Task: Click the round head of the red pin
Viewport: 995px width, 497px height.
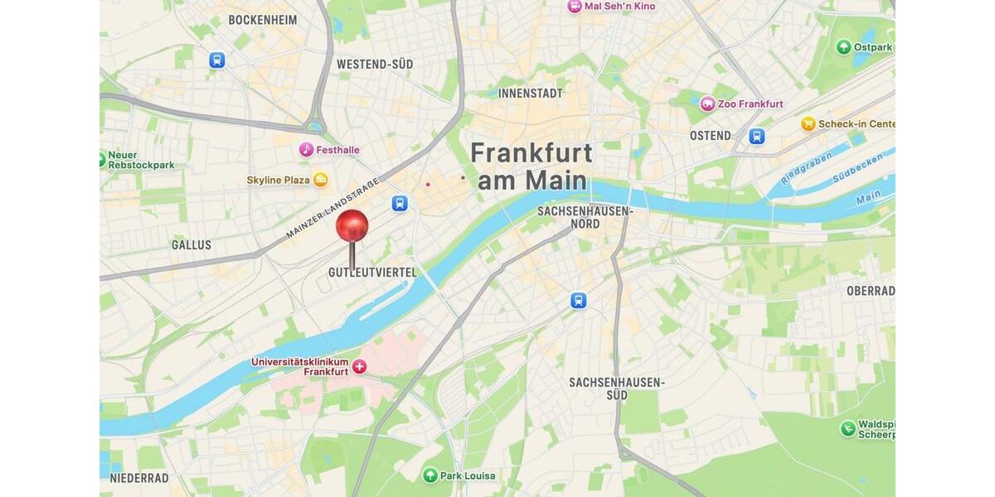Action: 352,225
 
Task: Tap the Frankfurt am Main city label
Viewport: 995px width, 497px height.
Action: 531,166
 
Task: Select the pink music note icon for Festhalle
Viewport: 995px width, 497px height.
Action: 307,150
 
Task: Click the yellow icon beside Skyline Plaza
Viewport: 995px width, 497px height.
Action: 320,180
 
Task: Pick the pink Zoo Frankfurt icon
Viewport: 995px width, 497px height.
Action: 707,104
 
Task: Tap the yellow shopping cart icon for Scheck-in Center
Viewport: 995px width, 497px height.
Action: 808,124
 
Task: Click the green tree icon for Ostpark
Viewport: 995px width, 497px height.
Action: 844,47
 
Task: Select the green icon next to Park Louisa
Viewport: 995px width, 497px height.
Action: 430,475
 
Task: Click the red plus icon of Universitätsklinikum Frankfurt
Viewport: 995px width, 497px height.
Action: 359,366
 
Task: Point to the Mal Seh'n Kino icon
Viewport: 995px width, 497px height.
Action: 575,6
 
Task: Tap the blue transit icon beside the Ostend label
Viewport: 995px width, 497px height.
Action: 756,137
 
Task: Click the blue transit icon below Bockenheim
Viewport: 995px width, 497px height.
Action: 217,60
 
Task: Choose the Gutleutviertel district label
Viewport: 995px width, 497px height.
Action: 372,273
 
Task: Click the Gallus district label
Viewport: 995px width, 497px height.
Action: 192,245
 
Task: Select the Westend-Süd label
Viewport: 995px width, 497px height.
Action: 375,64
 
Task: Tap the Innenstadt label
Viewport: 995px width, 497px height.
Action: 531,94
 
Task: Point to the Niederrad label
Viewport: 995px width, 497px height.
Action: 139,478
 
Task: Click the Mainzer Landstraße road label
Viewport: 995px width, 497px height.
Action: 332,208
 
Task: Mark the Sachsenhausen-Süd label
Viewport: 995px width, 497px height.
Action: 617,388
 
